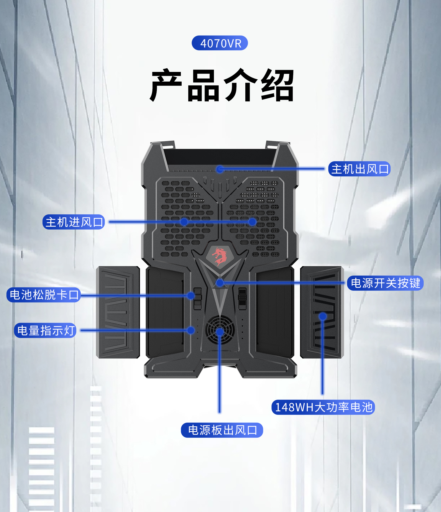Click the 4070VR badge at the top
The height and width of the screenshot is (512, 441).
tap(220, 43)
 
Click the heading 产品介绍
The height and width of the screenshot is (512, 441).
tap(222, 85)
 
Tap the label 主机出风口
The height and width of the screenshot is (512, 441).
tap(359, 169)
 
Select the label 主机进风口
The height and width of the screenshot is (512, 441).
tap(74, 222)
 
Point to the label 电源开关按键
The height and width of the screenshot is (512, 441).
tap(385, 283)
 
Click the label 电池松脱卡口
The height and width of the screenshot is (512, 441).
tap(44, 295)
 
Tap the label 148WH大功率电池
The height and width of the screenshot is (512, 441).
tap(323, 407)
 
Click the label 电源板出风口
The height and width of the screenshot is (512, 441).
tap(222, 430)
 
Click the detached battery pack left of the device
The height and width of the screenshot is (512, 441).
tap(118, 312)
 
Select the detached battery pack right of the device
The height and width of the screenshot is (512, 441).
tap(322, 312)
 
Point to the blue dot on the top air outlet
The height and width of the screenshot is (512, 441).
tap(220, 169)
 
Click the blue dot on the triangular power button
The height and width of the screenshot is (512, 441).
tap(220, 283)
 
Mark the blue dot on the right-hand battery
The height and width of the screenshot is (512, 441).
tap(322, 316)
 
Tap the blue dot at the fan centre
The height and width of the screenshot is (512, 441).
tap(220, 331)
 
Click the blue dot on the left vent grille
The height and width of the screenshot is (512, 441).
tap(184, 222)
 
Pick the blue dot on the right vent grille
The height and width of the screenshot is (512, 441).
tap(252, 222)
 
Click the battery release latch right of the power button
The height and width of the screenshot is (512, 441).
tap(242, 298)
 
